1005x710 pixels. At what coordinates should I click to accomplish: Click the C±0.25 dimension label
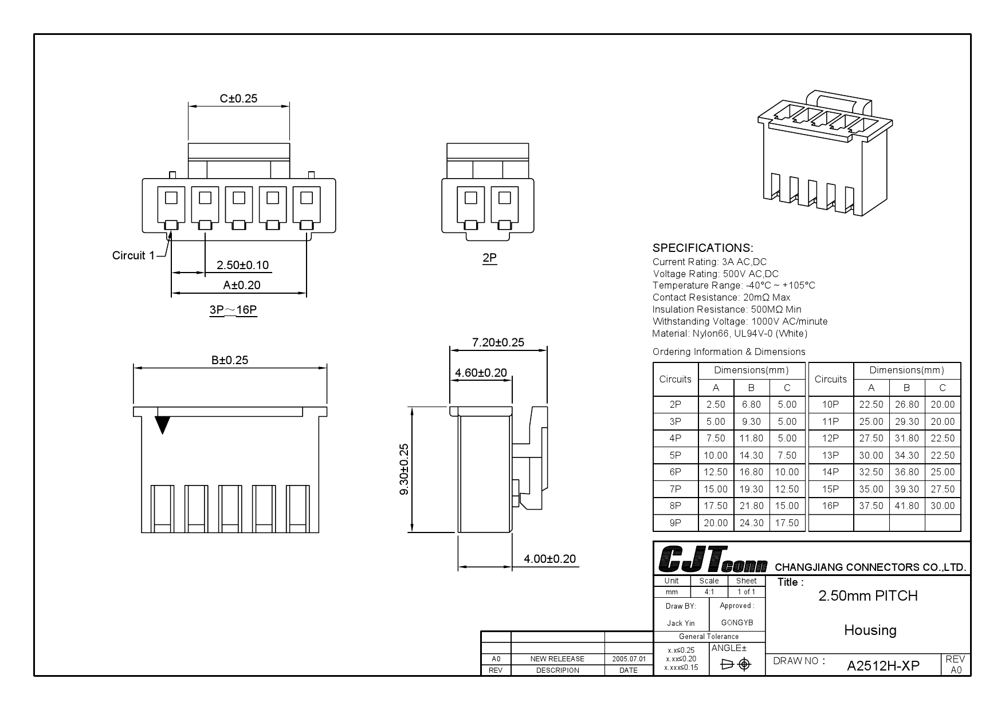pyautogui.click(x=238, y=98)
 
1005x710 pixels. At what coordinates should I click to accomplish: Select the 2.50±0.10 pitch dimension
pyautogui.click(x=242, y=265)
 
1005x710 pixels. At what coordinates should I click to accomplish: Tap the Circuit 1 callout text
pyautogui.click(x=133, y=255)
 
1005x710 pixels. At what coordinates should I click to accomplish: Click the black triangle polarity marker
pyautogui.click(x=163, y=424)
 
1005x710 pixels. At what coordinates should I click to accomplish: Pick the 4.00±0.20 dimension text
pyautogui.click(x=549, y=559)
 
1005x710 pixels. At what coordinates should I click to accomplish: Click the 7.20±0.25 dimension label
pyautogui.click(x=498, y=342)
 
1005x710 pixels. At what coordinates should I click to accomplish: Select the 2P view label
pyautogui.click(x=489, y=258)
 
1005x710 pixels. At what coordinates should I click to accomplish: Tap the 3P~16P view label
pyautogui.click(x=233, y=310)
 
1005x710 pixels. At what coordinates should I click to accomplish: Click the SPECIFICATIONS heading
pyautogui.click(x=702, y=248)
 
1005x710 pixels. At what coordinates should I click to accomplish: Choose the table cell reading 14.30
pyautogui.click(x=751, y=455)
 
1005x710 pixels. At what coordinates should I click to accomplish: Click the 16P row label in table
pyautogui.click(x=830, y=506)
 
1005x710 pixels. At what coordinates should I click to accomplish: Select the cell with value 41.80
pyautogui.click(x=906, y=506)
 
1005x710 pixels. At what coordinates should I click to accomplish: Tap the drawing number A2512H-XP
pyautogui.click(x=883, y=665)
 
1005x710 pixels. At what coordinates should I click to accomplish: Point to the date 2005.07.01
pyautogui.click(x=629, y=659)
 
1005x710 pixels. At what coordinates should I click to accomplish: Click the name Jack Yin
pyautogui.click(x=681, y=623)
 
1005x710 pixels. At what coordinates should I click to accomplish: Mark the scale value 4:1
pyautogui.click(x=709, y=591)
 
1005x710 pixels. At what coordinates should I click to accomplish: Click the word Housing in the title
pyautogui.click(x=870, y=630)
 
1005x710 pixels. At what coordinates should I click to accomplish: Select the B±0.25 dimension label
pyautogui.click(x=230, y=360)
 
